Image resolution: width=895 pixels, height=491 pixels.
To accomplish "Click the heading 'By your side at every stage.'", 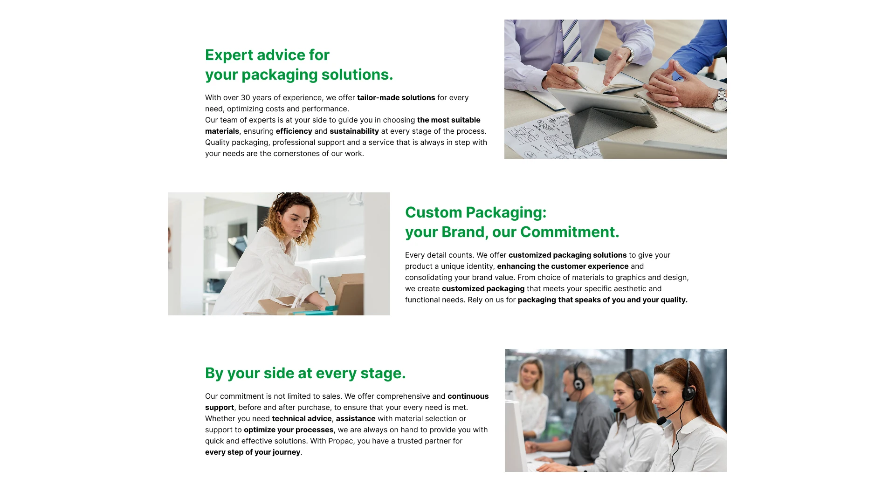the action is click(x=305, y=373).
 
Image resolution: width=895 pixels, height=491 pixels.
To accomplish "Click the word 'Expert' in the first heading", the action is click(x=229, y=55).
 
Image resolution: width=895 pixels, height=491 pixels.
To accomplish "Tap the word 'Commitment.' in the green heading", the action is click(x=570, y=232).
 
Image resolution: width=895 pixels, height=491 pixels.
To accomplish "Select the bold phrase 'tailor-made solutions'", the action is click(x=396, y=98).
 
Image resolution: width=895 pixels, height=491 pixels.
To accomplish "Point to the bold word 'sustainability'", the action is click(x=354, y=131).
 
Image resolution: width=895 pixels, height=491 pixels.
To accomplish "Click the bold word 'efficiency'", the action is click(x=294, y=131).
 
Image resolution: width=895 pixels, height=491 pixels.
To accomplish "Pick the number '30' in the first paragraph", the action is click(x=246, y=98).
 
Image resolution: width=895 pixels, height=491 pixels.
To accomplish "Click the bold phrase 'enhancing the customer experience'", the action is click(x=563, y=266).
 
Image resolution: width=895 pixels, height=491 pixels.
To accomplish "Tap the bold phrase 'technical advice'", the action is click(x=302, y=419).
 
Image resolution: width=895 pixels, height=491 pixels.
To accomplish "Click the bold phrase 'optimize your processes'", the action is click(x=289, y=430).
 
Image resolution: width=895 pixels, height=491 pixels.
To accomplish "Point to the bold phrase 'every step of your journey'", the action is click(x=253, y=452).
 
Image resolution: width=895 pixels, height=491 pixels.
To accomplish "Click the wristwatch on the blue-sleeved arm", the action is click(x=720, y=100).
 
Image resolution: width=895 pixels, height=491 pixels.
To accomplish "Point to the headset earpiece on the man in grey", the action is click(x=578, y=384).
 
